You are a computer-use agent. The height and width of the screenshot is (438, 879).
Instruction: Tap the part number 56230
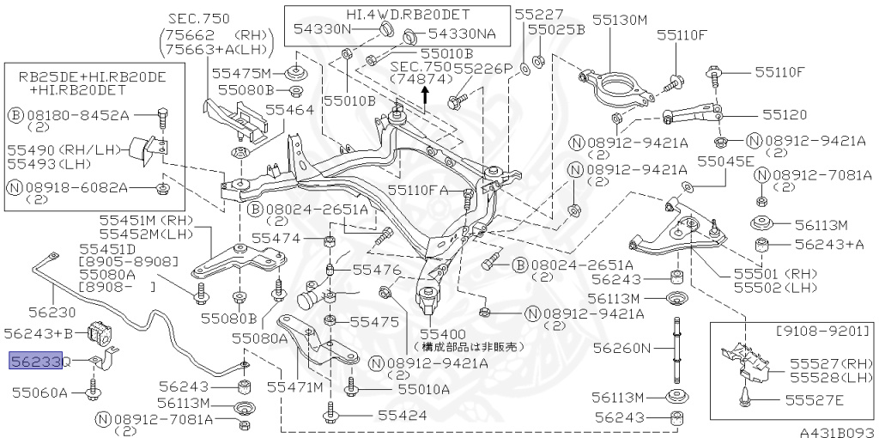coord(33,314)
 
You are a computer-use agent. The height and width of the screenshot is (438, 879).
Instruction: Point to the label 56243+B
coord(41,332)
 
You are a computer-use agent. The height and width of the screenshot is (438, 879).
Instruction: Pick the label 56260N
coord(623,348)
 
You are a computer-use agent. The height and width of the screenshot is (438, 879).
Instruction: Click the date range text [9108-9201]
coord(823,331)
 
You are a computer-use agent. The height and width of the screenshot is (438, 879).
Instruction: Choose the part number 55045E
coord(725,161)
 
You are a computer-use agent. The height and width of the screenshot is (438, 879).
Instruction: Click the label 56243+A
coord(829,245)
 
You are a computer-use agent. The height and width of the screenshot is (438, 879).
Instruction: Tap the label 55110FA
coord(418,190)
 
